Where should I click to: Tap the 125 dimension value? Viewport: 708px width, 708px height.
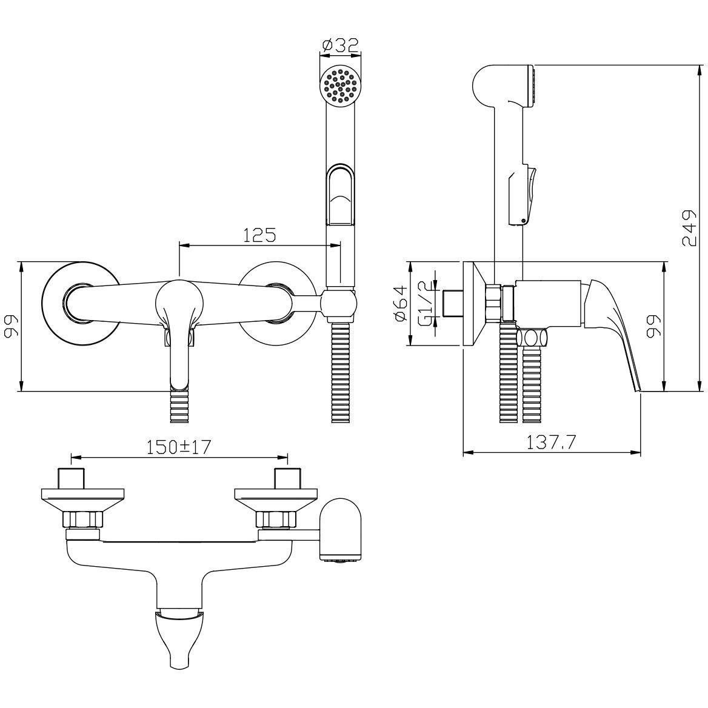[259, 235]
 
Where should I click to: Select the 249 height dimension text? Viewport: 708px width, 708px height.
[689, 228]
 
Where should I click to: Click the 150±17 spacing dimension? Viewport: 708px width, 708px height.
[179, 447]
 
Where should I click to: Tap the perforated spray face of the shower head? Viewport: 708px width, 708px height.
[340, 86]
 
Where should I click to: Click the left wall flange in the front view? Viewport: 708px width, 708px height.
[81, 304]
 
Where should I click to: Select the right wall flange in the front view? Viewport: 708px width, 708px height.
[276, 304]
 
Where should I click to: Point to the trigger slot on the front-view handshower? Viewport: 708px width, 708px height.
[341, 195]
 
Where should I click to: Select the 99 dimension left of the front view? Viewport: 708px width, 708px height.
[12, 326]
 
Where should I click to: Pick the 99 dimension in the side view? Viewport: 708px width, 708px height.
[653, 326]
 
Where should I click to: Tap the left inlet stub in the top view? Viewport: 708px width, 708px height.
[72, 478]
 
